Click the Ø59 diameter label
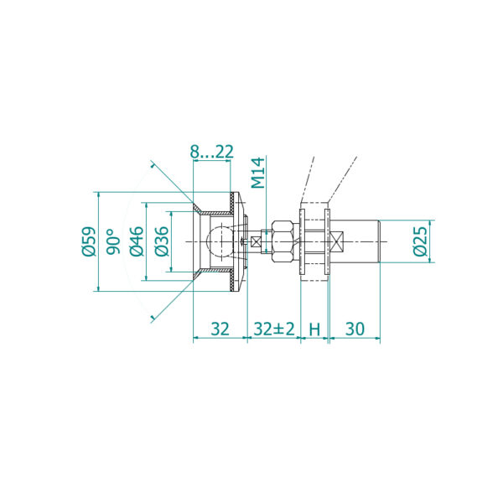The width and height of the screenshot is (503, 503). [89, 241]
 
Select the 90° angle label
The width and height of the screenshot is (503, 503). [113, 241]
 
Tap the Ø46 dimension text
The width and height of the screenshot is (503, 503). [137, 241]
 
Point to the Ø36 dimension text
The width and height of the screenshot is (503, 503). [162, 241]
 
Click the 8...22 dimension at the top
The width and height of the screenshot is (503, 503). [212, 152]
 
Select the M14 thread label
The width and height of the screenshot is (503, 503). [258, 173]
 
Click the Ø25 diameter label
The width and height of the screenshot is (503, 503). [421, 241]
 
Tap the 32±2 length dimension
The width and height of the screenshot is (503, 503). [274, 329]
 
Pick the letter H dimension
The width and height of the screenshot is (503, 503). [314, 329]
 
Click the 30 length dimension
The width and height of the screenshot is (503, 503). [355, 329]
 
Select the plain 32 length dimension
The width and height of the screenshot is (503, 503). [220, 329]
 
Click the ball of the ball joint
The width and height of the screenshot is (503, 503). [220, 241]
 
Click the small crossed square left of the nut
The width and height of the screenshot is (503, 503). [256, 241]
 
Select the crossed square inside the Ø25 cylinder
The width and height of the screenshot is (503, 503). [337, 241]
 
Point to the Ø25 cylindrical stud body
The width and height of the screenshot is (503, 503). [355, 241]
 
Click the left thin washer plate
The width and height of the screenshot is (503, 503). [302, 241]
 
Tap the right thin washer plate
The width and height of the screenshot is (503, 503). [327, 241]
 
